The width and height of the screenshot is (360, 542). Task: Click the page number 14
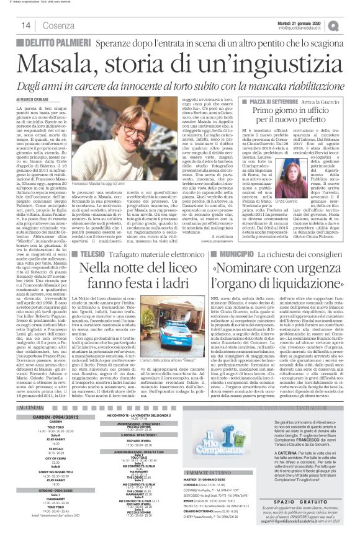click(x=27, y=25)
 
